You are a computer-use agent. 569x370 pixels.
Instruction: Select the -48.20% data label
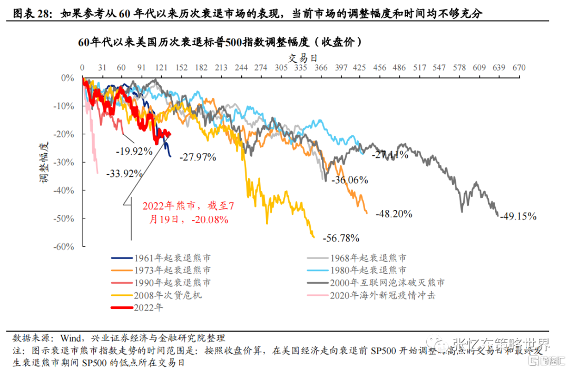tap(394, 214)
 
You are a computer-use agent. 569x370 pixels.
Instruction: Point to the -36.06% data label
tap(349, 180)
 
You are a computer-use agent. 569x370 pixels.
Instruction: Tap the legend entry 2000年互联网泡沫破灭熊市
tap(387, 283)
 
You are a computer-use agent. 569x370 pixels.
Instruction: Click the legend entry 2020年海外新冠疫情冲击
tap(382, 295)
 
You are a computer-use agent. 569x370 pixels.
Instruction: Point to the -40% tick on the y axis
tap(66, 190)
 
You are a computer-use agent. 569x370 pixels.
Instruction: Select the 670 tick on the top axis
tap(519, 68)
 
